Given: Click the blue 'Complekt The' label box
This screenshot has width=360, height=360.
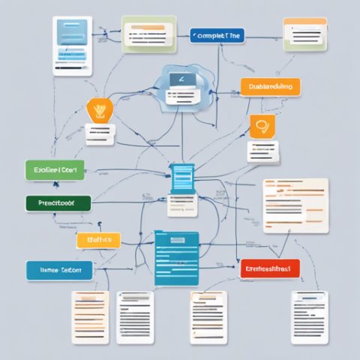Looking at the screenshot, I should point(217,34).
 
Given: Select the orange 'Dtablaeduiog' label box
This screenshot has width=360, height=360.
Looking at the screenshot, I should point(270,86).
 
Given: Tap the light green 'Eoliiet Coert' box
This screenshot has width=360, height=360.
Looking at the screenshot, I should point(55,170).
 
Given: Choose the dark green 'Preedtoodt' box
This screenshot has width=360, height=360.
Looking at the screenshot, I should point(58,202).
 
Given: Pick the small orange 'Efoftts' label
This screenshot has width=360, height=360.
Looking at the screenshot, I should point(98,240).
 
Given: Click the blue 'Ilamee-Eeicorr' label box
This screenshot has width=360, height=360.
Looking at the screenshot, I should point(59,270).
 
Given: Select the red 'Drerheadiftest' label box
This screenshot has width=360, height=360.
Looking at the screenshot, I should point(270,268).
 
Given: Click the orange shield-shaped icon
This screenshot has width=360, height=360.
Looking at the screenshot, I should point(98,110).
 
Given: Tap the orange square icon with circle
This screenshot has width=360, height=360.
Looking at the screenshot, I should point(262,126).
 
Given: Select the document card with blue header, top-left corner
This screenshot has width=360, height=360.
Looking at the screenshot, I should point(72,44).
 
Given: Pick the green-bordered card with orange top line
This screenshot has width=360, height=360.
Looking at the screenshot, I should point(149,34).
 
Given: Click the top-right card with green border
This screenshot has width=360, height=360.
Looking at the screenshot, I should point(304,34).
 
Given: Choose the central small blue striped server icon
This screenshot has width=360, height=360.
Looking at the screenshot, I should point(183,177).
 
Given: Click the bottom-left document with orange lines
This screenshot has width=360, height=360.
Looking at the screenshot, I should point(90,316).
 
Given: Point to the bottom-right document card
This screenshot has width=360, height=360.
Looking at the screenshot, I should point(310,316).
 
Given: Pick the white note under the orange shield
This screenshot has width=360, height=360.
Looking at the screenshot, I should point(99,134).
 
